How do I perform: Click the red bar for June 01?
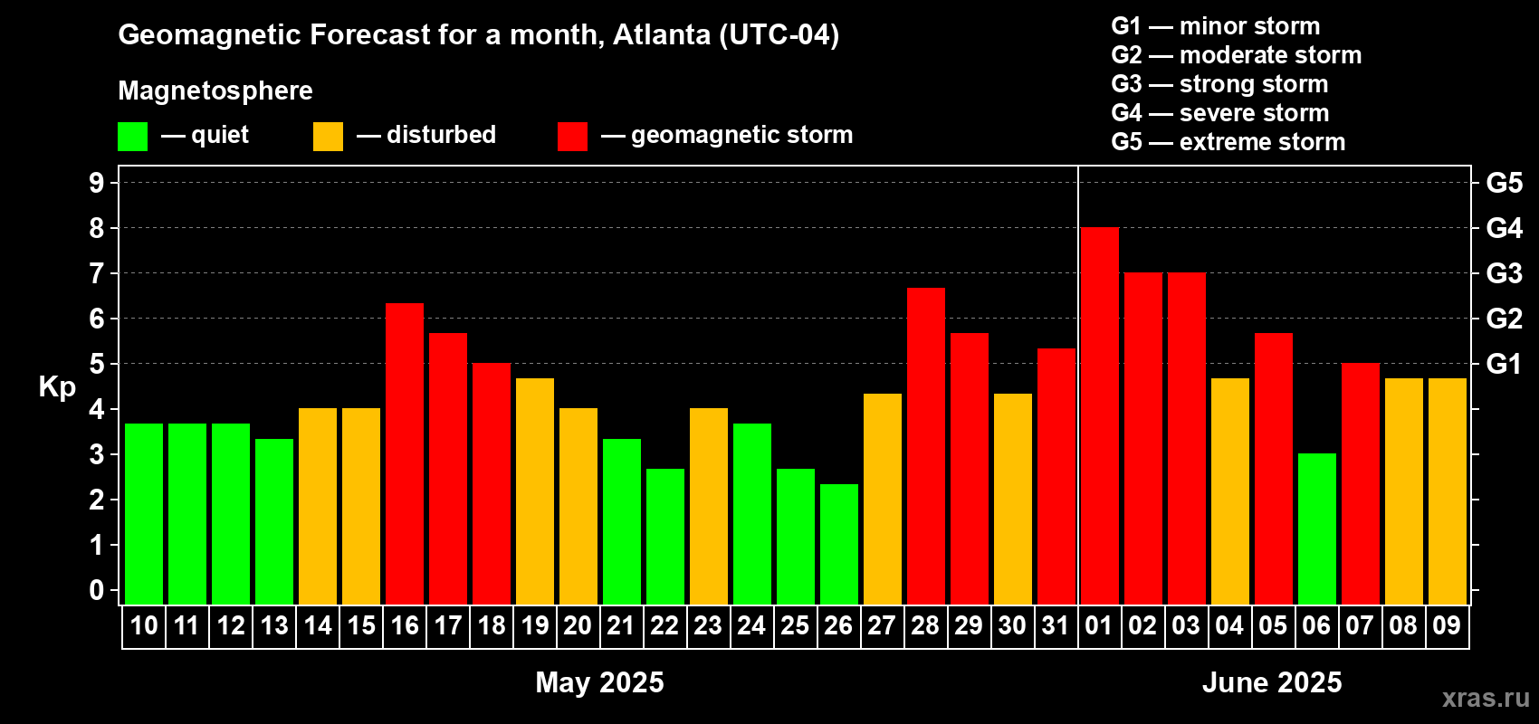(x=1099, y=415)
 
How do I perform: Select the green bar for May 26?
(x=839, y=544)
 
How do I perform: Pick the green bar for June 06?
(x=1316, y=529)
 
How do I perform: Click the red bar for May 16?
(x=405, y=453)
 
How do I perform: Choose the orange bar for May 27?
(x=883, y=499)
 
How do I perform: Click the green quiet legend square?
(x=132, y=137)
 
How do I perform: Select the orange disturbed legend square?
(x=328, y=137)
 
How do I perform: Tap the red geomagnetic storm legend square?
(x=572, y=137)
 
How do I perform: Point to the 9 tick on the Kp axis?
(x=97, y=183)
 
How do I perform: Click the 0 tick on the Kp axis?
(x=97, y=591)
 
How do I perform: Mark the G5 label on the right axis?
(x=1504, y=183)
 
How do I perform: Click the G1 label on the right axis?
(x=1504, y=364)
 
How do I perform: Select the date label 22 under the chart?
(x=664, y=626)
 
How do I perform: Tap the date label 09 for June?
(x=1446, y=626)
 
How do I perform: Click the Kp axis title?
(x=57, y=387)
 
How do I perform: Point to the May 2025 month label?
(x=599, y=682)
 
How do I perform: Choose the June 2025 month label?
(x=1272, y=682)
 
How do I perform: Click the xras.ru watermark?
(x=1486, y=698)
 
